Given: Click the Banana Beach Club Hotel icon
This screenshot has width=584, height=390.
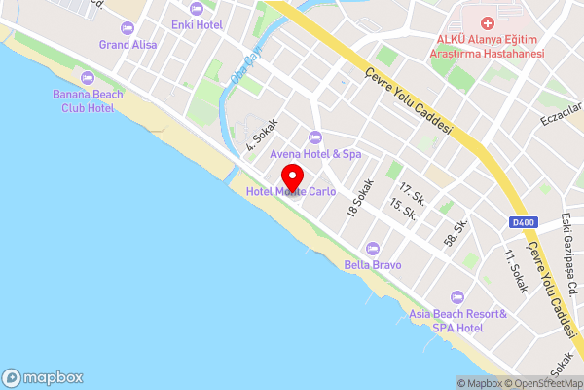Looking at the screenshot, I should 87,77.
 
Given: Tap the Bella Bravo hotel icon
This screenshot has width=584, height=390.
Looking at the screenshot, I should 371,248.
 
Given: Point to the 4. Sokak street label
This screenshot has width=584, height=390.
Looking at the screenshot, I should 262,136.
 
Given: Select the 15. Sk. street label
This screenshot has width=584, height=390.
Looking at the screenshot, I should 403,209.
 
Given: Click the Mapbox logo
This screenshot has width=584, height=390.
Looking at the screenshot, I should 43,377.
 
